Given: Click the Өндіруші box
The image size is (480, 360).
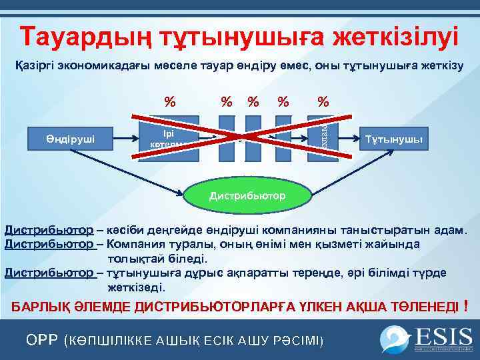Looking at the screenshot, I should [70, 139].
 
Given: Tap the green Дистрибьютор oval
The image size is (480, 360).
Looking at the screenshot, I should [247, 195].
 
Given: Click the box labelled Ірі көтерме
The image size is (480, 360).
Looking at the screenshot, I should [167, 138].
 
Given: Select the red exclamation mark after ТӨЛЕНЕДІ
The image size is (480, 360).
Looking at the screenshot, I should [465, 305].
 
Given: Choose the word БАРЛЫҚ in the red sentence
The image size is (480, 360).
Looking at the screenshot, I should [40, 307].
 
